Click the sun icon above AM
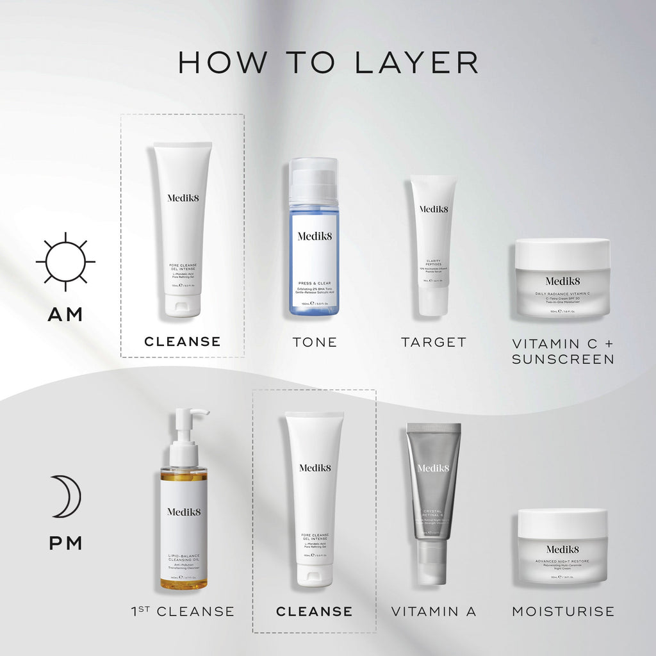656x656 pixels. [65, 262]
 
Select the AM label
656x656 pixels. [65, 314]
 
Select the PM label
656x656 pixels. [65, 543]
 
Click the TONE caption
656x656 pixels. [314, 342]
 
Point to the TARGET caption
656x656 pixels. [434, 342]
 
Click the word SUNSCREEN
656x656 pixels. [562, 359]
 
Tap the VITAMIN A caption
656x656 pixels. [434, 612]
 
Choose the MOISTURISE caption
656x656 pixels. [562, 612]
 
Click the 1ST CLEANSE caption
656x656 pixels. [182, 612]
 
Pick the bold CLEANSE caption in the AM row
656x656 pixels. [183, 341]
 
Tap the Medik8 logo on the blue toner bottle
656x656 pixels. [314, 236]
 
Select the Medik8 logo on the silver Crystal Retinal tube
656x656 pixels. [434, 468]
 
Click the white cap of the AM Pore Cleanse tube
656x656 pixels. [183, 305]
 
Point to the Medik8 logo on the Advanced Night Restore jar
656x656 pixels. [562, 549]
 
